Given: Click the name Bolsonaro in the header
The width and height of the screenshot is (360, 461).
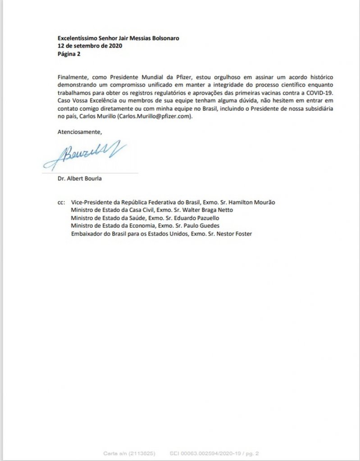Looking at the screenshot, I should [163, 38].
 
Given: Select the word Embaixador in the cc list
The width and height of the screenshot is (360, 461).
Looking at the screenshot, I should [87, 234].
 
